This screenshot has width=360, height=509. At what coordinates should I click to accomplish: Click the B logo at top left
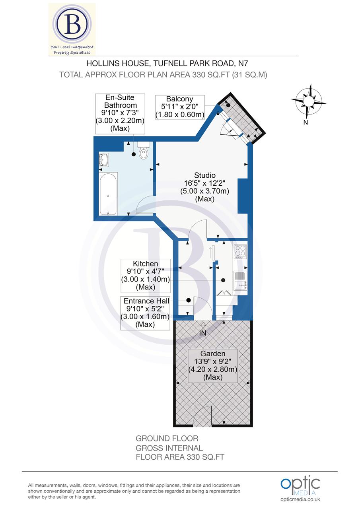pos(72,29)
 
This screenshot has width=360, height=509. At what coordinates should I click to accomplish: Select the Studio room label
pos(205,187)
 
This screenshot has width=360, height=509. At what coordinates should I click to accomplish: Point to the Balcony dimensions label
pos(180,107)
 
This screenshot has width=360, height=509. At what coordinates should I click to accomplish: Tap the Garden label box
pos(213,365)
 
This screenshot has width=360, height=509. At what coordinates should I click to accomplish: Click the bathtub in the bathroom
pos(108,194)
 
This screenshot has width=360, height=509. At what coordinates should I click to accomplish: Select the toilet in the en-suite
pos(144,151)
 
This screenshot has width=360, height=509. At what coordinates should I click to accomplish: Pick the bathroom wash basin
pos(104,160)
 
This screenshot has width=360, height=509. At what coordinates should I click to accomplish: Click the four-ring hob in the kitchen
pos(240,252)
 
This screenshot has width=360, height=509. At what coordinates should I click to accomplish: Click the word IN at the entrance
pos(203,333)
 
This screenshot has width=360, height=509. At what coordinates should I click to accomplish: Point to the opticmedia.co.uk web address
pos(300,499)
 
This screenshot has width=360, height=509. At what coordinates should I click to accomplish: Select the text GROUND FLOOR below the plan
pos(167,439)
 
